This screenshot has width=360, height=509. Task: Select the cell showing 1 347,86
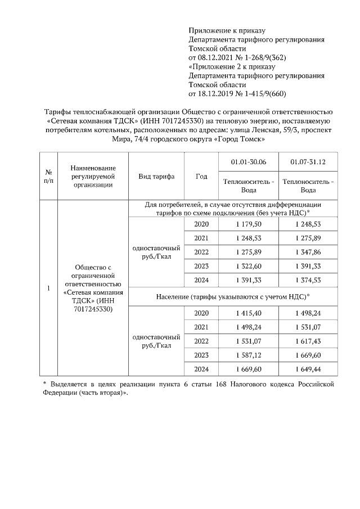tap(308, 253)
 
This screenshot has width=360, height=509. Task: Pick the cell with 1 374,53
tap(308, 281)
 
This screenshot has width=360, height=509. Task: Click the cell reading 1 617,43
tap(308, 341)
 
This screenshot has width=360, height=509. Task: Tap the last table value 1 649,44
tap(308, 369)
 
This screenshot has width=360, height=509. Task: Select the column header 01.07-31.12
tap(308, 162)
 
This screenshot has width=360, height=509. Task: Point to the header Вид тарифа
tap(156, 176)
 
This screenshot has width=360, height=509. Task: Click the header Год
tap(201, 176)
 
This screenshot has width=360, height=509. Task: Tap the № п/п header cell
tap(48, 176)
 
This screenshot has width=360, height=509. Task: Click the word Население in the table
tap(177, 296)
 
